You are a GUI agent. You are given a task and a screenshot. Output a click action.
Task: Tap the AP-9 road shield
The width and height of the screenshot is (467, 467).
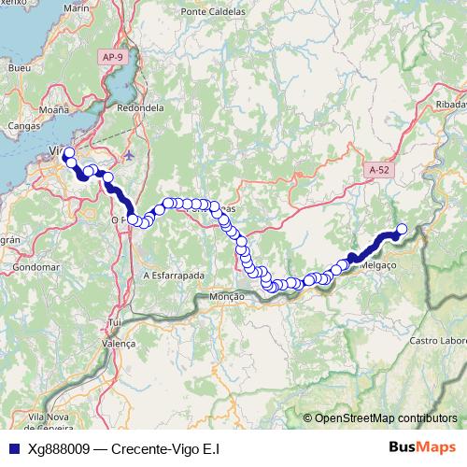(x=113, y=57)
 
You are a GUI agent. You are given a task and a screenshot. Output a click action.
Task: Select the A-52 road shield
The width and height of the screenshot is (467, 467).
(x=378, y=170)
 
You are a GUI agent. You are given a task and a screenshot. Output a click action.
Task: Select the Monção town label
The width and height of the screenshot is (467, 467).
(x=228, y=296)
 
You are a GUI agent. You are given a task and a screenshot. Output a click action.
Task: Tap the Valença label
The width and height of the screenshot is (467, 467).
(x=119, y=343)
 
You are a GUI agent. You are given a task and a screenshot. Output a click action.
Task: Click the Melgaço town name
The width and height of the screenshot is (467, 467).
(x=376, y=266)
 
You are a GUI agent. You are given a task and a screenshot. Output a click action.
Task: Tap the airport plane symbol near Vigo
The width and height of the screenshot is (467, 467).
(x=128, y=155)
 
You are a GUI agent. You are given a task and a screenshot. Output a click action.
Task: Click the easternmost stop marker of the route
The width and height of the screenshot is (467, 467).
(x=403, y=229)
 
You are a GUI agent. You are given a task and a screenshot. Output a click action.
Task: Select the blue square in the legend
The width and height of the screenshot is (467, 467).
(x=13, y=448)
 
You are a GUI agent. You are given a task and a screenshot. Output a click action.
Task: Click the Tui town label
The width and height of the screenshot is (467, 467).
(x=116, y=322)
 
